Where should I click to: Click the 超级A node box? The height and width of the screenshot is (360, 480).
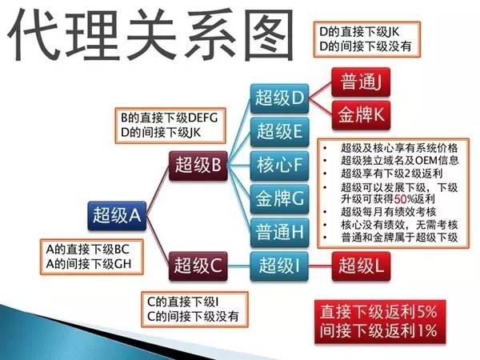[117, 215]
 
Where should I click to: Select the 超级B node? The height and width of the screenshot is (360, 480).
[198, 166]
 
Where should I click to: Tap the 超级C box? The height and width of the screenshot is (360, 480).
[198, 266]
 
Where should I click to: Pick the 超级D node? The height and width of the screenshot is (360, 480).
[279, 98]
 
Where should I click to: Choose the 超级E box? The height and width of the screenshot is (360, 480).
[279, 132]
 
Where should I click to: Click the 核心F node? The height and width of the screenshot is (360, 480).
[279, 166]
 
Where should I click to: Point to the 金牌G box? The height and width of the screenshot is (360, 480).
[279, 199]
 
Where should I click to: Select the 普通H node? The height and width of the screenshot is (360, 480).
[279, 232]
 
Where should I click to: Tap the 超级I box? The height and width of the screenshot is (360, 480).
[279, 266]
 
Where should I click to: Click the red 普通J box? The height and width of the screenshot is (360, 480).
[361, 82]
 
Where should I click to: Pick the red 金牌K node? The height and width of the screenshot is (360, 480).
[361, 115]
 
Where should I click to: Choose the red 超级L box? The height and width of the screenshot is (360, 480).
[361, 266]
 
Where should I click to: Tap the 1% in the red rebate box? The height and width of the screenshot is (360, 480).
[426, 331]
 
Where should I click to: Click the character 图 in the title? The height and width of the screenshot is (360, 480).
[270, 34]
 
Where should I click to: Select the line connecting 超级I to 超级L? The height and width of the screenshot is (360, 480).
[320, 266]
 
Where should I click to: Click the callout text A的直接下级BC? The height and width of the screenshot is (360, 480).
[88, 250]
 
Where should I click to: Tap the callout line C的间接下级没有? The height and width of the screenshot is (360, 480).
[193, 317]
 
